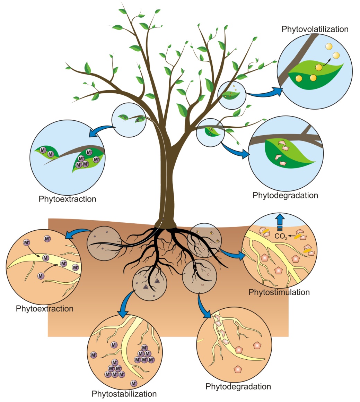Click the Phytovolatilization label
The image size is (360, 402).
point(315,29)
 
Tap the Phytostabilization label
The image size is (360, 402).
point(124,394)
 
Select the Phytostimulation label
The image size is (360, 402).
point(279,292)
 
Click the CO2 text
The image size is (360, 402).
point(280,237)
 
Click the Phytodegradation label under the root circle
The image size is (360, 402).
point(238,386)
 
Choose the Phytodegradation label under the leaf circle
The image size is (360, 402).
point(285,195)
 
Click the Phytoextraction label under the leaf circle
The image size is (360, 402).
point(67,199)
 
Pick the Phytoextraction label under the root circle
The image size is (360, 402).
point(45,308)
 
